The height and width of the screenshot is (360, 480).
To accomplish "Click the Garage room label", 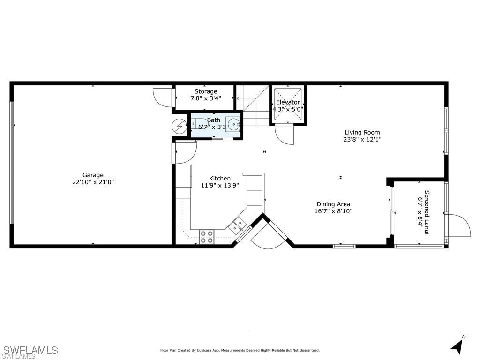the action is (93, 175).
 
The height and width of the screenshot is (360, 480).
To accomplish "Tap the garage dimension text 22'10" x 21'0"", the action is (93, 182).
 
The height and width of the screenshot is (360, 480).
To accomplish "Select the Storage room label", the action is (206, 91).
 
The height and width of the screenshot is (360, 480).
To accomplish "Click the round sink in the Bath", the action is (233, 124).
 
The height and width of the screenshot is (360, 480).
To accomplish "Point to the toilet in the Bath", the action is (200, 123).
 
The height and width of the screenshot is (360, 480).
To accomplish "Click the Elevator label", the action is (288, 102).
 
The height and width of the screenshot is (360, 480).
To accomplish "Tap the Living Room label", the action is (362, 132).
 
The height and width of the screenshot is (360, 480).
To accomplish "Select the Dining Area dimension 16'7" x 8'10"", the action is (333, 211).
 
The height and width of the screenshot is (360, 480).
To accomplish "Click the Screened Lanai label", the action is (427, 212).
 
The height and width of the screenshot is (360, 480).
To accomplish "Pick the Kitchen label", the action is (220, 178).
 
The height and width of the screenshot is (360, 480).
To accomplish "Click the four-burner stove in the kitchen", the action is (207, 237).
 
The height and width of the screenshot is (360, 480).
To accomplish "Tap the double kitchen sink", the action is (238, 225).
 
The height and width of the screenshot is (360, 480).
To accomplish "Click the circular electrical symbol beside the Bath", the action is (179, 126).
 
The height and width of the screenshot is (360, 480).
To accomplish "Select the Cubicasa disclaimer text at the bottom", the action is (240, 350).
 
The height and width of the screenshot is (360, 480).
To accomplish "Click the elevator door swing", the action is (285, 135).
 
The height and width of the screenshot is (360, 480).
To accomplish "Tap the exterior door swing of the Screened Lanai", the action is (458, 225).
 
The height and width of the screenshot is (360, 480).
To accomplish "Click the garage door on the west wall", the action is (12, 163).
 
